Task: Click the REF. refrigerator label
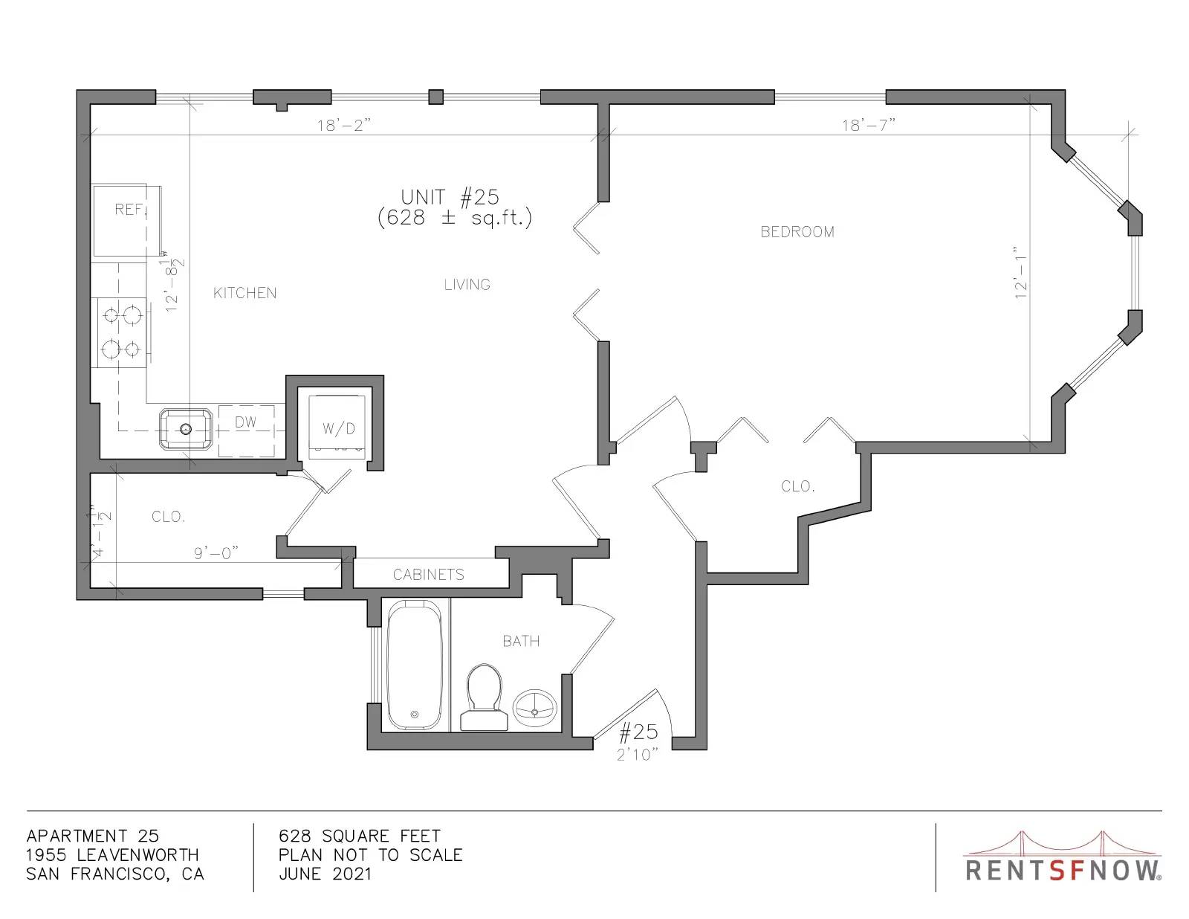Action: click(130, 209)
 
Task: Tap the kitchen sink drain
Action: click(186, 428)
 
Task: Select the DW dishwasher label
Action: click(246, 422)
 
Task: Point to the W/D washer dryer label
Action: click(339, 428)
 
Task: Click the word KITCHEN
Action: click(244, 294)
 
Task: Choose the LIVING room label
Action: click(467, 285)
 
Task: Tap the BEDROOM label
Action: click(797, 232)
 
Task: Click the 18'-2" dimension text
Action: click(343, 126)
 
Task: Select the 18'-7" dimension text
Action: click(869, 126)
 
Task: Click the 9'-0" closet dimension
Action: click(216, 553)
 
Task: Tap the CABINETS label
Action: click(429, 575)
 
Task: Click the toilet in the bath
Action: click(484, 697)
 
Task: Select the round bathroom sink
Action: click(534, 706)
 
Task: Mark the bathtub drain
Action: click(414, 715)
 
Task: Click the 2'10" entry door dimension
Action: click(637, 755)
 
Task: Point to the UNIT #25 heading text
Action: click(450, 197)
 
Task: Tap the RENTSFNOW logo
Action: click(1063, 859)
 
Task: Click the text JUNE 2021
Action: click(325, 874)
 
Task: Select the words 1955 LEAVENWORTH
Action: click(112, 855)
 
